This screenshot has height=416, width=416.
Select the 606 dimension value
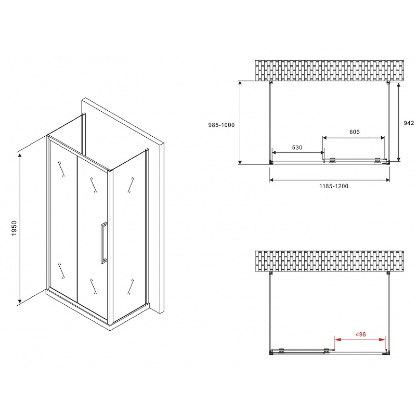354,132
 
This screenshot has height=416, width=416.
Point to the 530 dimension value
296,147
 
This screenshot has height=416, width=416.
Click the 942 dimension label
408,123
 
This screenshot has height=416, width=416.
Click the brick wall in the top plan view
329,71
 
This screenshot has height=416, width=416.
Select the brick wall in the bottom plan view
329,261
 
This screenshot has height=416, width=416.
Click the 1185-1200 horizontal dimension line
330,180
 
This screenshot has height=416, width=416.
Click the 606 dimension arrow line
354,138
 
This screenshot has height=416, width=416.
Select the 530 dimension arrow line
297,153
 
